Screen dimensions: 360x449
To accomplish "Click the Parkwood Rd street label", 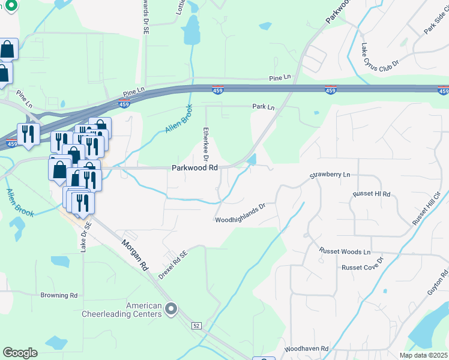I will tap(195, 168).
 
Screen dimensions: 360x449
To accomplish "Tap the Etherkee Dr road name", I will tap(205, 145).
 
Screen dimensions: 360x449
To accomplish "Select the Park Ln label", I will tap(263, 107).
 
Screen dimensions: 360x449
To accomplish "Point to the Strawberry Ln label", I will tap(330, 175).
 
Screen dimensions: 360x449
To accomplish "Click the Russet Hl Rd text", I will tap(372, 194).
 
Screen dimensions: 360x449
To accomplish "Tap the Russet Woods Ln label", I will tap(345, 252).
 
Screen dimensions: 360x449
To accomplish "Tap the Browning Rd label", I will tap(59, 295).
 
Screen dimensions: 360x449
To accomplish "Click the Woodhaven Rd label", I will tap(307, 349).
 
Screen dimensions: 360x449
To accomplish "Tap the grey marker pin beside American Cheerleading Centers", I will tap(172, 309).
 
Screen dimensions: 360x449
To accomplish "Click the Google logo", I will tap(20, 353).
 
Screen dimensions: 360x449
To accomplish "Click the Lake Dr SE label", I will tap(83, 236).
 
